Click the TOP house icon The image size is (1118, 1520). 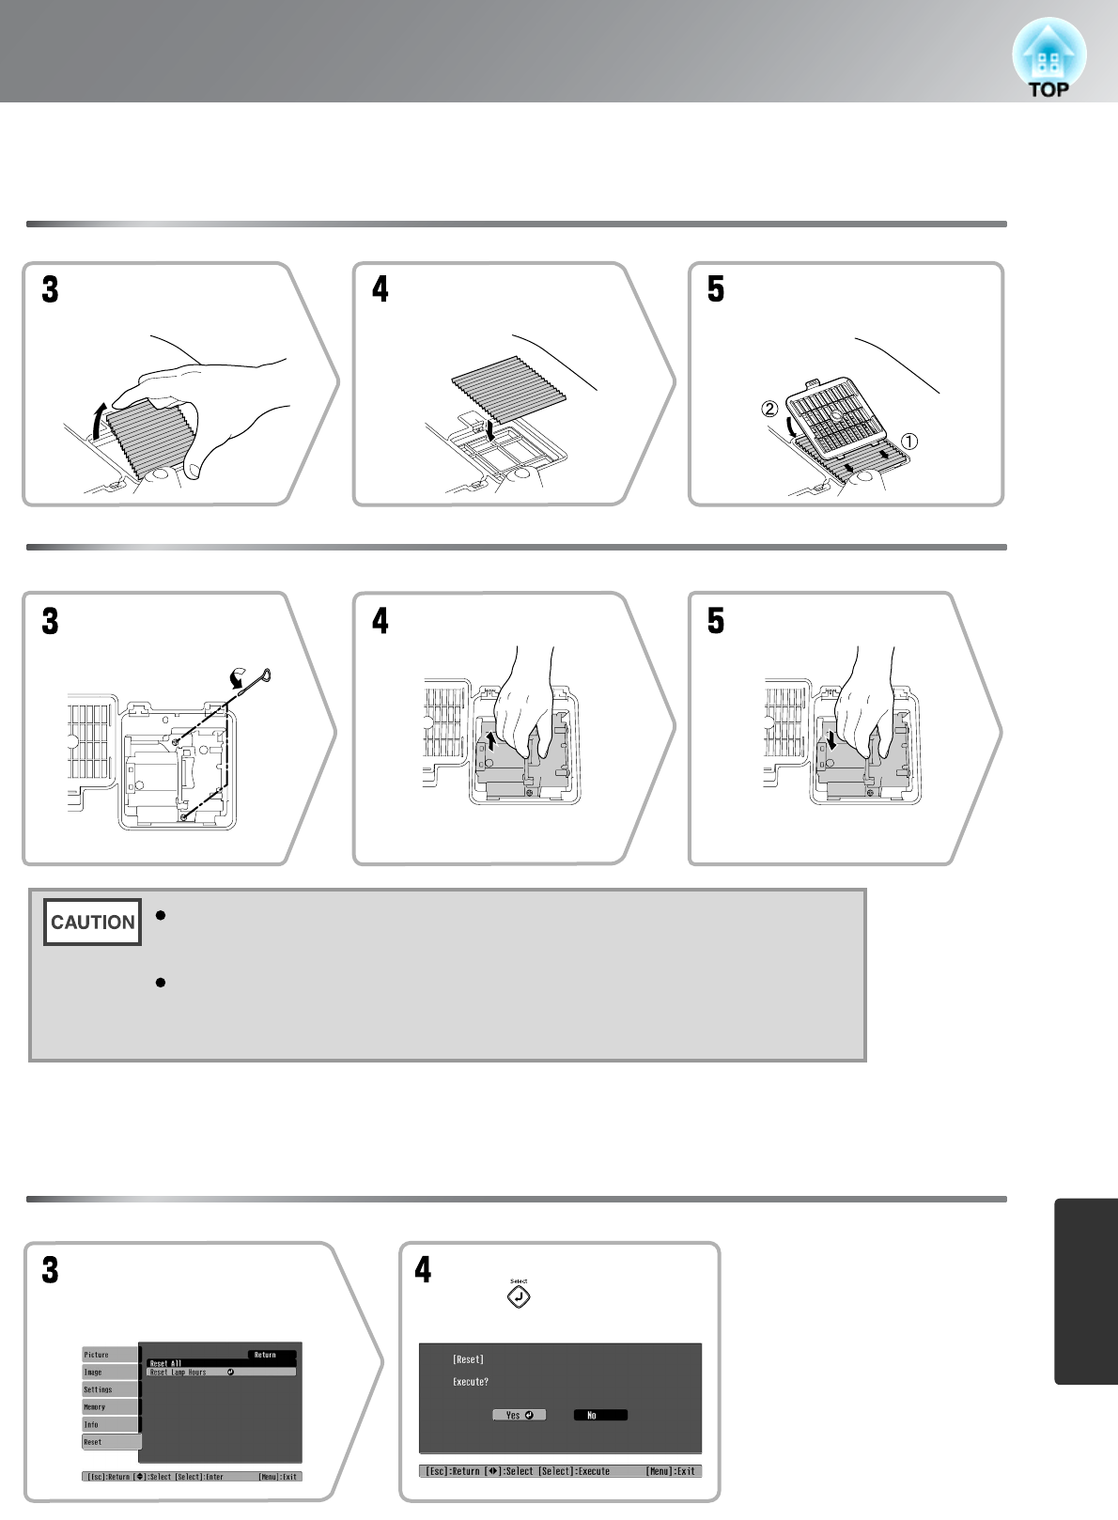[x=1048, y=58]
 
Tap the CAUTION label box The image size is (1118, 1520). [x=92, y=923]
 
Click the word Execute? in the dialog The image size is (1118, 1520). [x=471, y=1382]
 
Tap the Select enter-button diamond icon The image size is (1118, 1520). [x=519, y=1296]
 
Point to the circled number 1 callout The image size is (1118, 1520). [x=909, y=441]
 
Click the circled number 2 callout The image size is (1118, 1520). [x=769, y=410]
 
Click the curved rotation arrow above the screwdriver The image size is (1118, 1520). [x=240, y=676]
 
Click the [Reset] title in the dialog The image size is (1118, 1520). [x=468, y=1359]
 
